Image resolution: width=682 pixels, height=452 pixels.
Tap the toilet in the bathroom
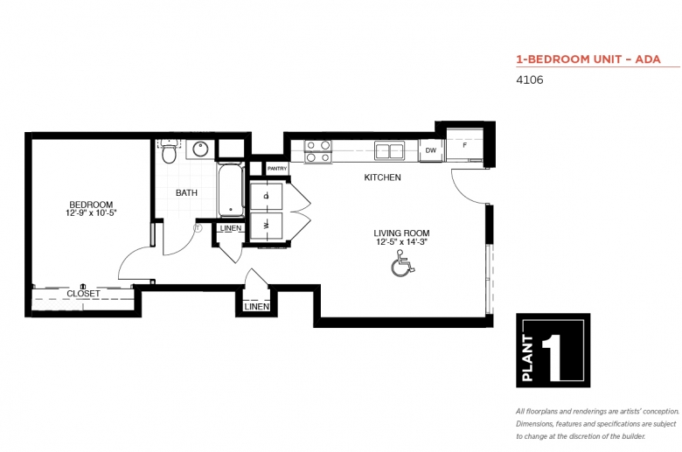(x=169, y=151)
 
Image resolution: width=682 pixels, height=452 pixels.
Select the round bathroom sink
(x=200, y=150)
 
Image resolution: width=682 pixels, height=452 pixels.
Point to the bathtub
(x=230, y=190)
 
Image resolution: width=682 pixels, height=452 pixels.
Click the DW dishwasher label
(x=430, y=150)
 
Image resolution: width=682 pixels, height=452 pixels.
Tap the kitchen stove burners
(x=318, y=151)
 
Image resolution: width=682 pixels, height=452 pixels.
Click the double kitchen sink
(x=390, y=150)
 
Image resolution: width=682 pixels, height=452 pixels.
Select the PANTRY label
(x=277, y=169)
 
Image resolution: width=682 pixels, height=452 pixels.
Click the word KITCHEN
(x=382, y=177)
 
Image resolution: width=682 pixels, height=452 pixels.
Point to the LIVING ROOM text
(x=401, y=233)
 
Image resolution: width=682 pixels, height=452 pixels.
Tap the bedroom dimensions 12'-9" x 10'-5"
(x=91, y=213)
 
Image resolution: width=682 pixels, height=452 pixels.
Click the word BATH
(x=186, y=192)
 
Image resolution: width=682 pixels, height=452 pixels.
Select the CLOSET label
(x=83, y=294)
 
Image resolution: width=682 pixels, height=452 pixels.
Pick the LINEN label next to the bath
(x=231, y=228)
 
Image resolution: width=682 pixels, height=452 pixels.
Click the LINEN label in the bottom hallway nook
(x=256, y=307)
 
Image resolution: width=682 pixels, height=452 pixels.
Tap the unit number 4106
(x=529, y=80)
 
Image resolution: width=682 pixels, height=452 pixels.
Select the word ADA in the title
(x=648, y=59)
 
